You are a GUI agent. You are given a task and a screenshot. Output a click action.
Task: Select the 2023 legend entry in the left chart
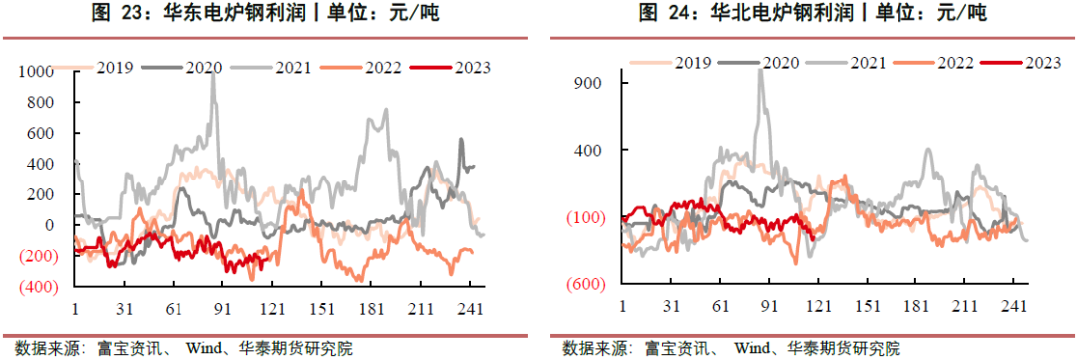point(472,68)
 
